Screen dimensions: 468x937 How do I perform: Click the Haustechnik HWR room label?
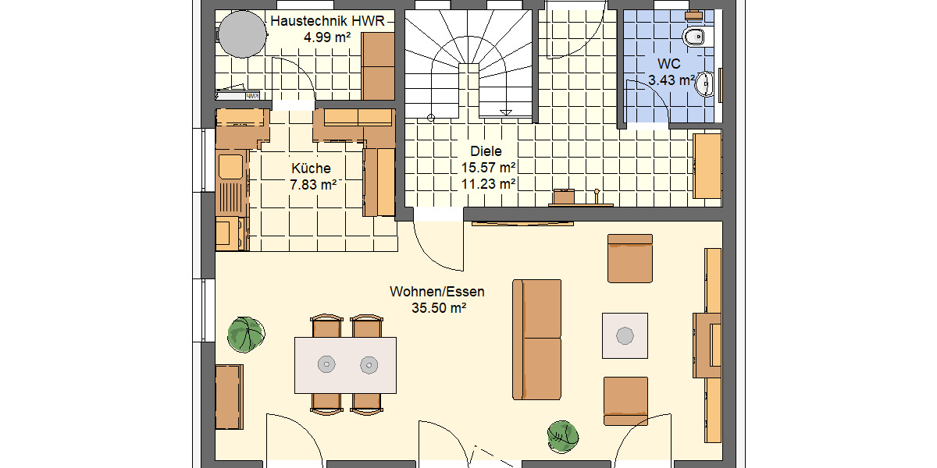coord(327,21)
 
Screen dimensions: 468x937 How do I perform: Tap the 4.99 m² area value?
coord(327,37)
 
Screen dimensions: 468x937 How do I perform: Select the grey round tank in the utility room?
coord(241,34)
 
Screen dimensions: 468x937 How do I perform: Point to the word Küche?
coord(311,168)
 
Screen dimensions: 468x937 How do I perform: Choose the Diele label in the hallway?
coord(486,152)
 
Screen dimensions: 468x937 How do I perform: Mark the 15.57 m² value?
coord(488,168)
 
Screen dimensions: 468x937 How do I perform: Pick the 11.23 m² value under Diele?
coord(488,184)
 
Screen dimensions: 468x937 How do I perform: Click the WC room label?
coord(669,63)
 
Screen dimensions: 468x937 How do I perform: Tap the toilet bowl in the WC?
coord(694,37)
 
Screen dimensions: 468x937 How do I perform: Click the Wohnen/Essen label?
coord(437,292)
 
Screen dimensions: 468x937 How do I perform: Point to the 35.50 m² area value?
coord(438,308)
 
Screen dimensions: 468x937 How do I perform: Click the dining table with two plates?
coord(345,364)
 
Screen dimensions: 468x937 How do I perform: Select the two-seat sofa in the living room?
coord(536,339)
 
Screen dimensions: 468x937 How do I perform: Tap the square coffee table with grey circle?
coord(625,335)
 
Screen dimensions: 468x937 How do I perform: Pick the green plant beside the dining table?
coord(246,334)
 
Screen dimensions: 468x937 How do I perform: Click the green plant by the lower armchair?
coord(562,434)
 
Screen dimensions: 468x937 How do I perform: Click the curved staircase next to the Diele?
coord(468,62)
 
